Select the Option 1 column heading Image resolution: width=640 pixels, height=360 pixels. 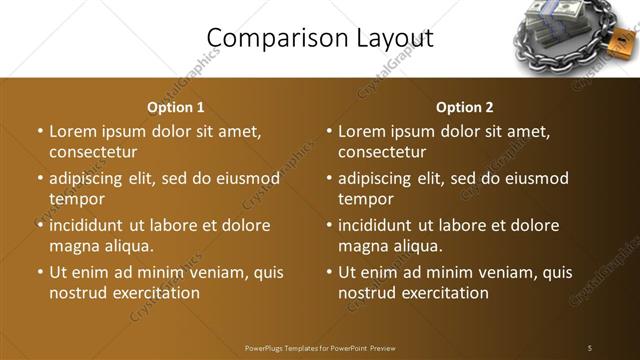(176, 107)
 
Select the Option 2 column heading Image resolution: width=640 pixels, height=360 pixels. (465, 107)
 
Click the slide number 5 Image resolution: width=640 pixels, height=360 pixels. (590, 347)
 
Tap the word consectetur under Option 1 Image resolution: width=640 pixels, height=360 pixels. (92, 152)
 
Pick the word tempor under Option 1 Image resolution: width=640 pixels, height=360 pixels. (76, 199)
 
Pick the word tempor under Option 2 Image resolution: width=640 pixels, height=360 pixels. (365, 199)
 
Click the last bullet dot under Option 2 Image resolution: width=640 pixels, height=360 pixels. (329, 272)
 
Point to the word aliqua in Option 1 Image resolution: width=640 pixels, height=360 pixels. (127, 246)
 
